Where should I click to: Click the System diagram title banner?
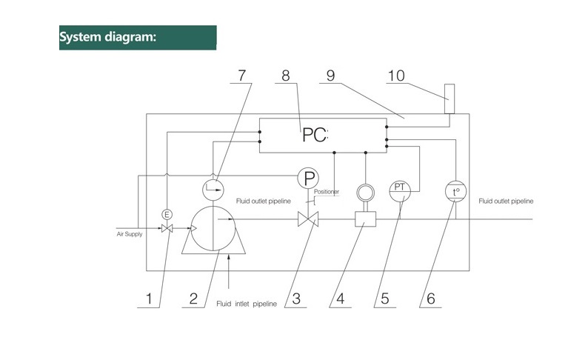[x=138, y=38]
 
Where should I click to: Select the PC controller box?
[x=322, y=135]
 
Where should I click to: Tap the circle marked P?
[x=309, y=178]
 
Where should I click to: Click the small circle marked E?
[x=167, y=214]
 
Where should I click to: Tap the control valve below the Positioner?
[x=307, y=219]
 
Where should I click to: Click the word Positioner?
[x=326, y=192]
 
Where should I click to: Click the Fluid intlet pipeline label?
[x=247, y=303]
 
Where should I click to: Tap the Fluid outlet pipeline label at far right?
[x=506, y=201]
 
